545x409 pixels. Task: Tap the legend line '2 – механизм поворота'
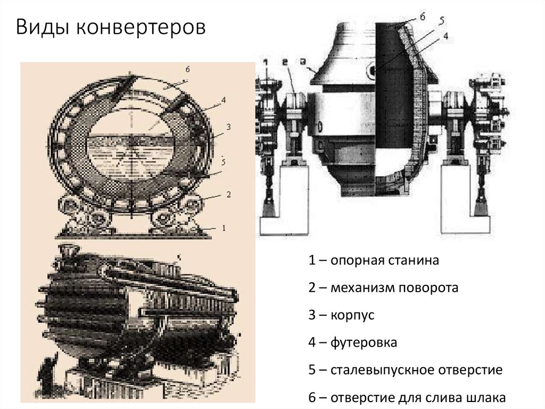(x=383, y=288)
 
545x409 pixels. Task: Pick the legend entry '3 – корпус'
(x=341, y=315)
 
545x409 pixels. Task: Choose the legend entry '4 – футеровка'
(x=352, y=342)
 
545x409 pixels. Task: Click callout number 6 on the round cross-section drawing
(x=187, y=70)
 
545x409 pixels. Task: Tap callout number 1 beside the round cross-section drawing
(x=224, y=227)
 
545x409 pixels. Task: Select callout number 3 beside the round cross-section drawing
(x=227, y=127)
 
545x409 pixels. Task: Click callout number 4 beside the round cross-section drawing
(x=224, y=100)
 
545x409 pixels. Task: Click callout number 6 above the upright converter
(x=422, y=17)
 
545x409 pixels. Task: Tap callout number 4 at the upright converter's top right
(x=445, y=36)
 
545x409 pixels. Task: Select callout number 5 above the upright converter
(x=442, y=22)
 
